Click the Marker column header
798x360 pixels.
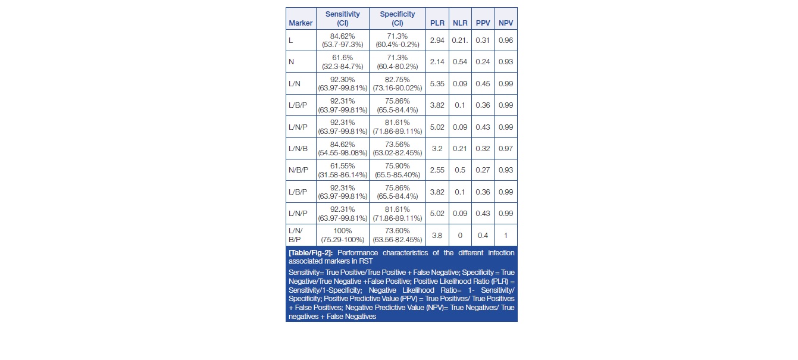(301, 23)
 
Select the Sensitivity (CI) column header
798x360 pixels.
(342, 18)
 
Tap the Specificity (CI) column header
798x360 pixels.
(398, 18)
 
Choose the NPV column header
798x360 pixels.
(506, 23)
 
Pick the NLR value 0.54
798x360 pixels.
(459, 62)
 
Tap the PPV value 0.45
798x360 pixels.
(483, 83)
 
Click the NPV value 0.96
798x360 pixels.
(506, 40)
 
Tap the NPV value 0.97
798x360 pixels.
(506, 148)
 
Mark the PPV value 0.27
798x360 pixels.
(483, 170)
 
